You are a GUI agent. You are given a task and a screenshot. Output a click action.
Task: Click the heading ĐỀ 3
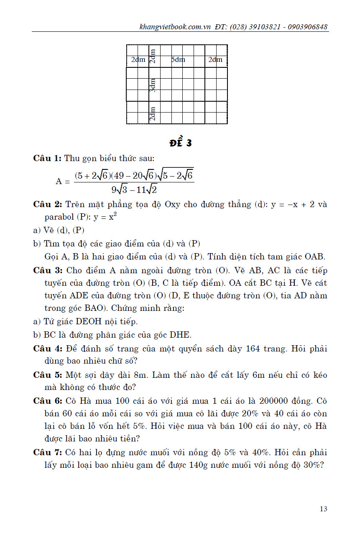[x=180, y=143]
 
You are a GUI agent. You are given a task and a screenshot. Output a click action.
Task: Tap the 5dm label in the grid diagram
[x=178, y=60]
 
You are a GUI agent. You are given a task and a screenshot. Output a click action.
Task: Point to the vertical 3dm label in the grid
[x=153, y=85]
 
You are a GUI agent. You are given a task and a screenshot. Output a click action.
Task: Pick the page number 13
[x=323, y=509]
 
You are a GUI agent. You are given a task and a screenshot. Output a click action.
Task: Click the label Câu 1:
[x=47, y=158]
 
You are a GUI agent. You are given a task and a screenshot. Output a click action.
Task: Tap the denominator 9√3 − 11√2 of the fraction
[x=134, y=189]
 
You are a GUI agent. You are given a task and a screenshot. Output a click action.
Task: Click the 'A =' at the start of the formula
[x=63, y=181]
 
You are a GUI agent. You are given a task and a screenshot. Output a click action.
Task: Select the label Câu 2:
[x=47, y=205]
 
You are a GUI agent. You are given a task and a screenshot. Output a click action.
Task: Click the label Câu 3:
[x=47, y=270]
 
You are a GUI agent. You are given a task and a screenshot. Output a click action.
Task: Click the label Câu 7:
[x=47, y=453]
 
